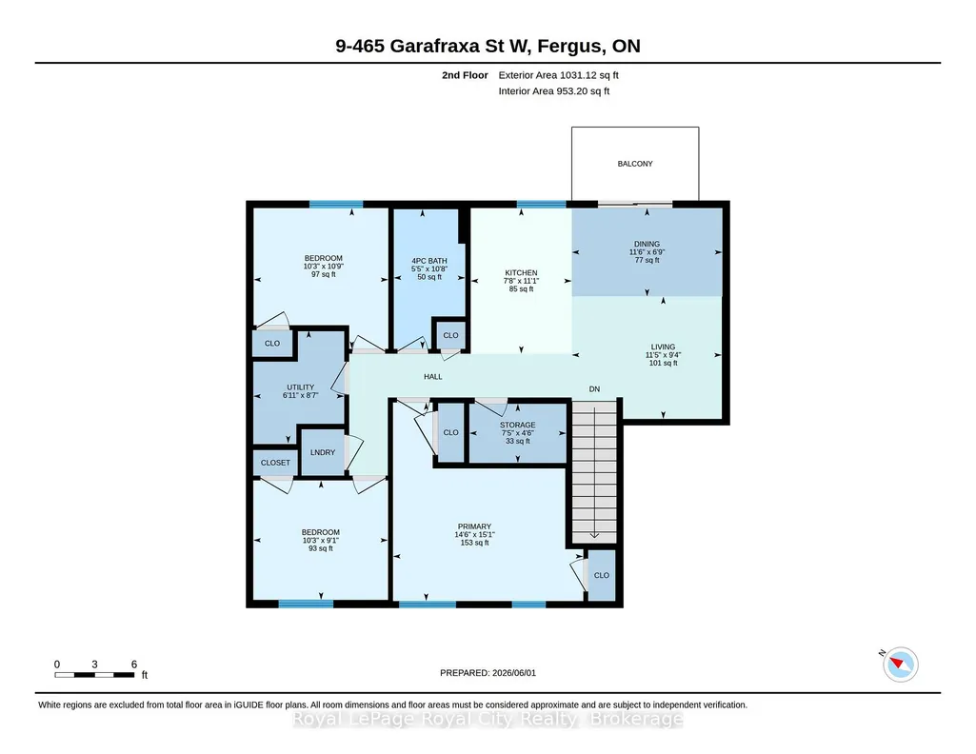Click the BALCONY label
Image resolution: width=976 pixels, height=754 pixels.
[635, 164]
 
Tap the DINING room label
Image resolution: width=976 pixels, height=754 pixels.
[647, 245]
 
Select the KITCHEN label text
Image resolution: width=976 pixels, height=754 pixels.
[521, 273]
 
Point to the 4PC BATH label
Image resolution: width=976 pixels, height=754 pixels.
[429, 261]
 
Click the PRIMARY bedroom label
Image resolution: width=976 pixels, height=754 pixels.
[474, 526]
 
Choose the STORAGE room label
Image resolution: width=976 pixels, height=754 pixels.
[517, 425]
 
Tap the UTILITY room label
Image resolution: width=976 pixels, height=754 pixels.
[301, 387]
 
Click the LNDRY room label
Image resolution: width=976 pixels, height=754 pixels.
[323, 452]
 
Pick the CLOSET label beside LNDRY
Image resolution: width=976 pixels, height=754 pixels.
[275, 463]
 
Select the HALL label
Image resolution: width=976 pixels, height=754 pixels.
[433, 376]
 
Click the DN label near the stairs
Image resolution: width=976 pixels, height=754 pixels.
[594, 388]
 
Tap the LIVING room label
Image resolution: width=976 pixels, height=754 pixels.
[663, 347]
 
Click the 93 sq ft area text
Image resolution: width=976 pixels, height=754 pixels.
[321, 548]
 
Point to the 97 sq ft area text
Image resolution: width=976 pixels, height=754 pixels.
[323, 274]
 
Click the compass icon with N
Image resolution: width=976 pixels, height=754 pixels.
[900, 664]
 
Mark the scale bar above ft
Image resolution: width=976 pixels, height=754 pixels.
[94, 674]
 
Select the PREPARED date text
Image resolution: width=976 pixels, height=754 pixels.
[488, 672]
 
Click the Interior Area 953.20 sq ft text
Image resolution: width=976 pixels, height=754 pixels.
[554, 90]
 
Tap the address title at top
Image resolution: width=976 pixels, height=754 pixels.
[488, 46]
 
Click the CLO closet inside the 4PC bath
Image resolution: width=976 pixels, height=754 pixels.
[450, 335]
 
